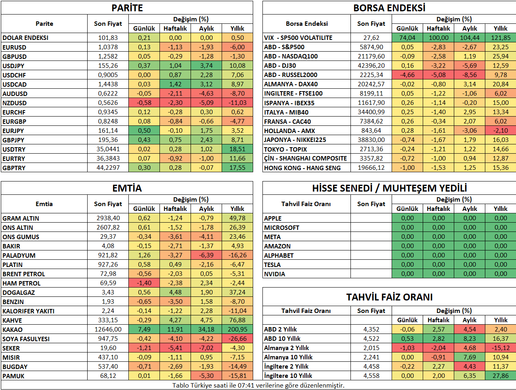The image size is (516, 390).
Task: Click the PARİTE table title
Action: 127,8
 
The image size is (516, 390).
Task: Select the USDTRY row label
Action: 14,149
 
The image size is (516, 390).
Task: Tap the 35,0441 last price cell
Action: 108,149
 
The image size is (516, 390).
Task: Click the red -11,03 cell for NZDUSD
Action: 237,103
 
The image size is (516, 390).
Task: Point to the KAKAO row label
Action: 13,330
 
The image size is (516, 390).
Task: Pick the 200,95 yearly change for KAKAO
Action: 237,330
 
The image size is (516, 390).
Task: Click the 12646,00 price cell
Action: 108,330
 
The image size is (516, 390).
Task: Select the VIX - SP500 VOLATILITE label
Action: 298,38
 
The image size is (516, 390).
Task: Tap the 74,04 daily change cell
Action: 407,38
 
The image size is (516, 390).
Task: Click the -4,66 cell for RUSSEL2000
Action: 407,75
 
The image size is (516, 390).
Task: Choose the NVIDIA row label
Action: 274,274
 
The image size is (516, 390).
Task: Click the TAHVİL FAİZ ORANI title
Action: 389,297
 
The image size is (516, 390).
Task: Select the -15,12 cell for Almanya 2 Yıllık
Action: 501,348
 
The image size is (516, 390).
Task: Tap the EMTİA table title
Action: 127,188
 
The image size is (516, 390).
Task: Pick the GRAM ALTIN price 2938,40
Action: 108,218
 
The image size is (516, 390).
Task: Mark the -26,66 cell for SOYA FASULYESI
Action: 237,339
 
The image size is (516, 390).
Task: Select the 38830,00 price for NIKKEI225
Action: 371,140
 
